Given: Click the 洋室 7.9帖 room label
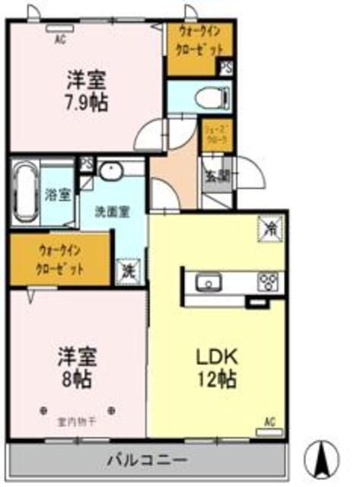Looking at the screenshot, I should (85, 90).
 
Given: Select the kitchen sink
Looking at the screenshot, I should (208, 284).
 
